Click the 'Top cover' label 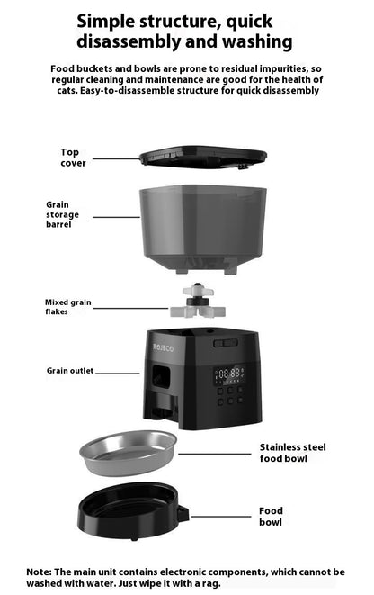pyautogui.click(x=74, y=158)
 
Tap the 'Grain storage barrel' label pyautogui.click(x=63, y=214)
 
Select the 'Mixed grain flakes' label pyautogui.click(x=67, y=307)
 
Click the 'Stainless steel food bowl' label pyautogui.click(x=292, y=452)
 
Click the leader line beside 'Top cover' pyautogui.click(x=115, y=158)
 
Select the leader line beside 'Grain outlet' pyautogui.click(x=118, y=371)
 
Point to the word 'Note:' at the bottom pyautogui.click(x=40, y=572)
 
